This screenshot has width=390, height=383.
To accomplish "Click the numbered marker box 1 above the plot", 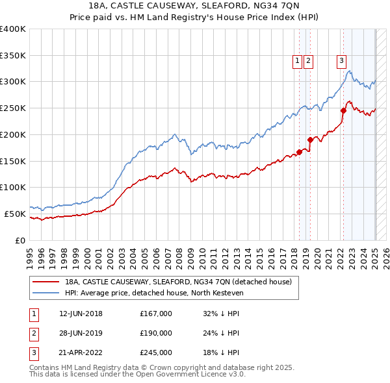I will pos(297,62).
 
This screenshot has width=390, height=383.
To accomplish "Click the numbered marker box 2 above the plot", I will pos(307,62).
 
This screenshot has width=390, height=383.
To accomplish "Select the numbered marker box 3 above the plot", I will pos(341,62).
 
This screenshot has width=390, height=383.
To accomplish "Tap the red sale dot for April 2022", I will pos(343,110).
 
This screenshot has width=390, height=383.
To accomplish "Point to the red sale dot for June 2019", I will pos(311,140).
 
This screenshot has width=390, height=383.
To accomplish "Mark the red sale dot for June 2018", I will pos(299,152).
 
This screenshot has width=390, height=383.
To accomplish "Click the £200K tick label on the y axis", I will pos(12,134).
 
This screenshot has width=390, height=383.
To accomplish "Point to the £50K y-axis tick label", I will pos(15,214).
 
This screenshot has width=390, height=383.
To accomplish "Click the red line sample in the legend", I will pos(45,282).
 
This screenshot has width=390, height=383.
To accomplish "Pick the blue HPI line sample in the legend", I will pos(45,292).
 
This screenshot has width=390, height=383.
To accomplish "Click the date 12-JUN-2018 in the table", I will pos(81,314).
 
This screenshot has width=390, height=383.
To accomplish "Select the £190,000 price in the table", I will pos(156,334).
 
